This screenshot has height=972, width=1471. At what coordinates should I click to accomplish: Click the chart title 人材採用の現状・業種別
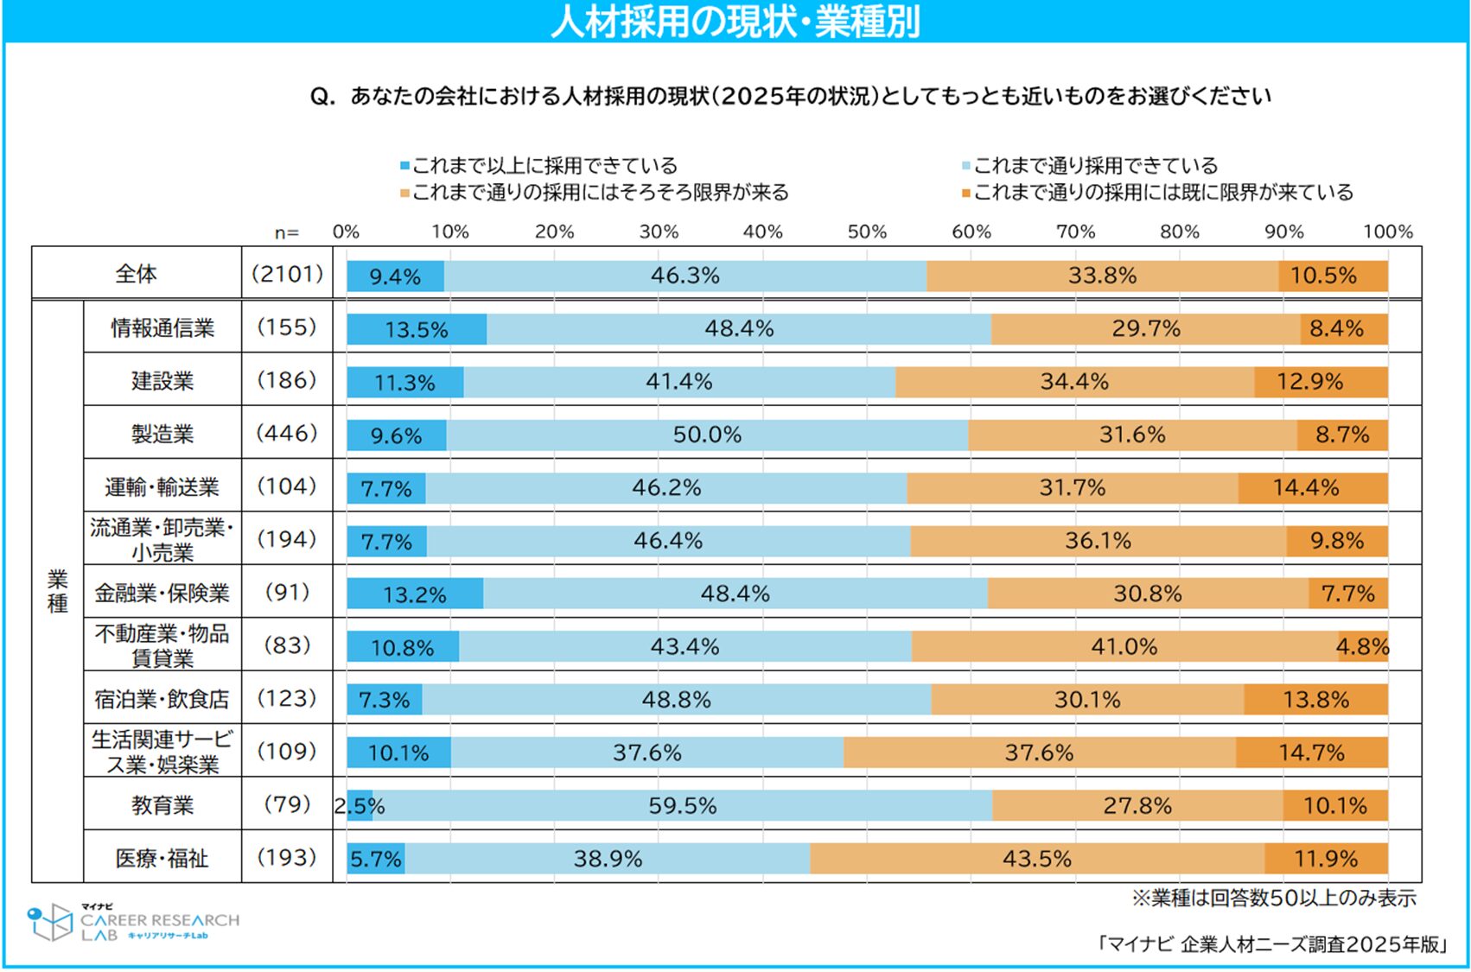click(x=735, y=22)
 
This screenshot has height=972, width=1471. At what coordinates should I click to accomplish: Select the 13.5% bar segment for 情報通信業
click(x=417, y=329)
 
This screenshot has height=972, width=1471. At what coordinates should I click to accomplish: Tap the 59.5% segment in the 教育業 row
click(x=683, y=805)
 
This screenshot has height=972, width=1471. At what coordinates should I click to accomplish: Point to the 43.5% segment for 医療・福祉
click(x=1037, y=859)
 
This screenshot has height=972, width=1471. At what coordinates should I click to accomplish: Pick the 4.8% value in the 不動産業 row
click(x=1363, y=646)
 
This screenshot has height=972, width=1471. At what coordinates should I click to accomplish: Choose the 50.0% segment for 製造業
click(x=707, y=435)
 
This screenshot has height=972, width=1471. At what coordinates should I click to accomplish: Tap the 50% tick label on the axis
click(x=867, y=232)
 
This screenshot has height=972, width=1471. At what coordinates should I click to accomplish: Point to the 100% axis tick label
click(x=1387, y=232)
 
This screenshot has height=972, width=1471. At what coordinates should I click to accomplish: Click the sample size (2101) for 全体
click(x=287, y=274)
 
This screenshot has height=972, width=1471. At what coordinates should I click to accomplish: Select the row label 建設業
click(x=162, y=381)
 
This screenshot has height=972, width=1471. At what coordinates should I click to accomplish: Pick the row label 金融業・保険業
click(x=162, y=593)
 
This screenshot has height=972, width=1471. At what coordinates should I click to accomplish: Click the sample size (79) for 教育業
click(x=287, y=804)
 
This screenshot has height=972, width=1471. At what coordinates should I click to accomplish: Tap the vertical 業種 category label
click(x=58, y=591)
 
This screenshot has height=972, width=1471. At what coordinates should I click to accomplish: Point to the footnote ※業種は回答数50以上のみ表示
click(x=1274, y=899)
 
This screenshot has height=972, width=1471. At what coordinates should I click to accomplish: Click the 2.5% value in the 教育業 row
click(x=360, y=805)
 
